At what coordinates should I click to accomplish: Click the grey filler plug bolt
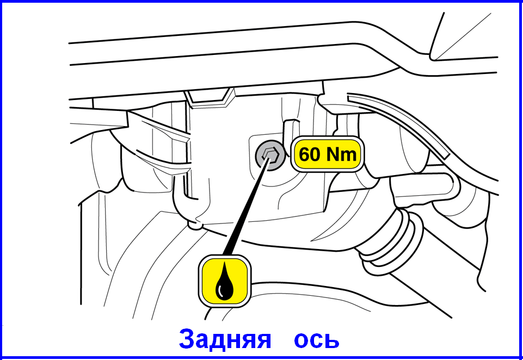pyautogui.click(x=270, y=156)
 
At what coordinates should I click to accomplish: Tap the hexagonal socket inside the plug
pyautogui.click(x=270, y=156)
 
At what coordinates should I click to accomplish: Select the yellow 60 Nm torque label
pyautogui.click(x=328, y=154)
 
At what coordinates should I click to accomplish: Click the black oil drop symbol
pyautogui.click(x=224, y=281)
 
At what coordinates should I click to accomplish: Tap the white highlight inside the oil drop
pyautogui.click(x=219, y=291)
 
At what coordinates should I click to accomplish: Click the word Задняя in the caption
pyautogui.click(x=225, y=339)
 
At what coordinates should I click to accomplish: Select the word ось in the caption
pyautogui.click(x=317, y=340)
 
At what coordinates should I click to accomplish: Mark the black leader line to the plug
pyautogui.click(x=246, y=206)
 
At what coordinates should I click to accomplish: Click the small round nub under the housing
pyautogui.click(x=195, y=225)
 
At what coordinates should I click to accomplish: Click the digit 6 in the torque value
pyautogui.click(x=304, y=154)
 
